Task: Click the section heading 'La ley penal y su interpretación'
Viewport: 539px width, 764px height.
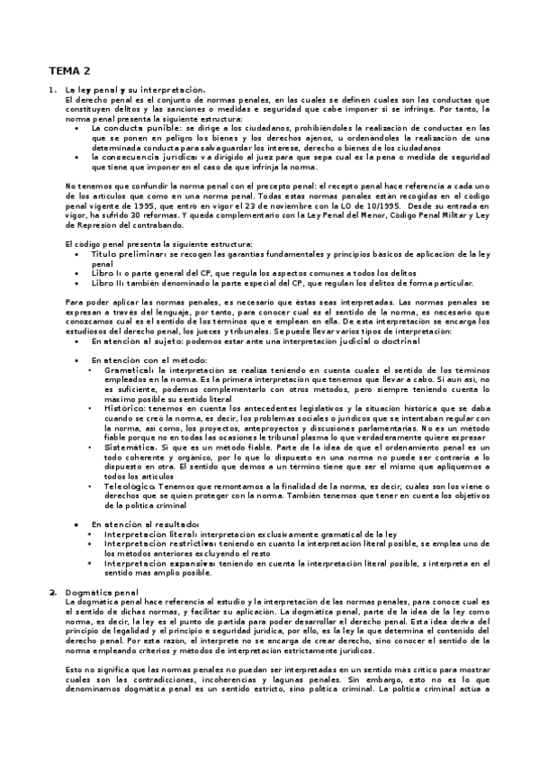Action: point(136,89)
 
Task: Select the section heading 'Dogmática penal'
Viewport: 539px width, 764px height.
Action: point(102,593)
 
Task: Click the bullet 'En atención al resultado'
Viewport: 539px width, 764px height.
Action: point(144,523)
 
